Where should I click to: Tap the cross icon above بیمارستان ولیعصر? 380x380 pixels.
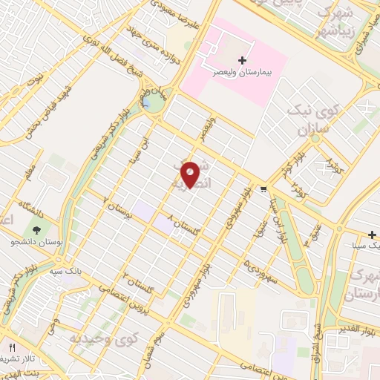(241, 59)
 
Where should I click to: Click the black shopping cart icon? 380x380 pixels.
(263, 189)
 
